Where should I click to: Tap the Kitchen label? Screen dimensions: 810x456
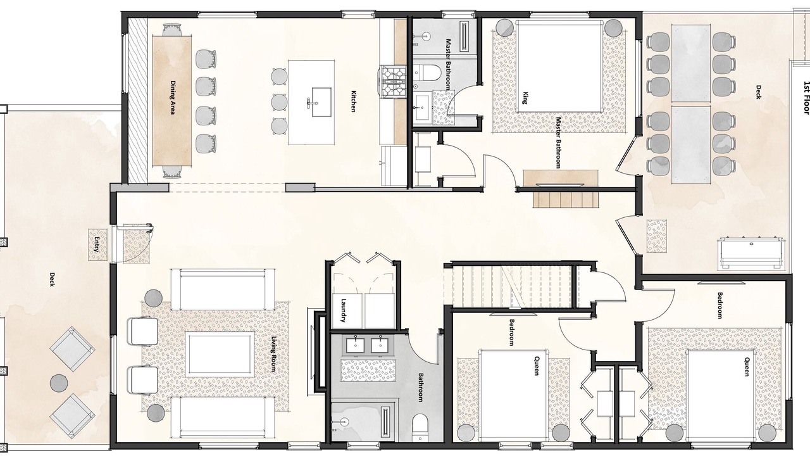tap(353, 101)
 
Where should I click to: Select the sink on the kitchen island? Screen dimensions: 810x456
tap(321, 102)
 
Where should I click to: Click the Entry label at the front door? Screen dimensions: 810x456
tap(97, 244)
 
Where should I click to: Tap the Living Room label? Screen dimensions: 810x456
tap(274, 354)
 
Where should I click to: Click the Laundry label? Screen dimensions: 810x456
tap(344, 310)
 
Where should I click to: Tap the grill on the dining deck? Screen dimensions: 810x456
tap(751, 252)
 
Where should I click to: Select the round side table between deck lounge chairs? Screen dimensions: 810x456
tap(59, 383)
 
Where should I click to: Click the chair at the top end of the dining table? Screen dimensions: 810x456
tap(171, 29)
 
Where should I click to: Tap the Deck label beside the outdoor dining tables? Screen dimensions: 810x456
tap(758, 92)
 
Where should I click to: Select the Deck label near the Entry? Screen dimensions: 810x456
tap(52, 279)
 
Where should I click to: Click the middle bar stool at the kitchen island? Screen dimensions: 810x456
tap(280, 102)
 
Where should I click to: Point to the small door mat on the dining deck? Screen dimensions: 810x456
tap(657, 236)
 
